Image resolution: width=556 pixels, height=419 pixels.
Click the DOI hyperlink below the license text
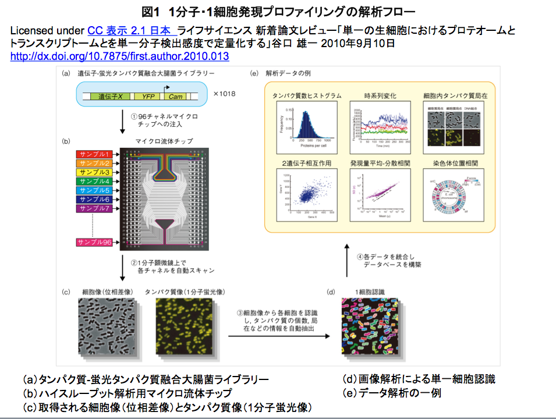pyautogui.click(x=119, y=56)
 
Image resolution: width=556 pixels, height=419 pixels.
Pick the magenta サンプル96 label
pyautogui.click(x=95, y=242)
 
